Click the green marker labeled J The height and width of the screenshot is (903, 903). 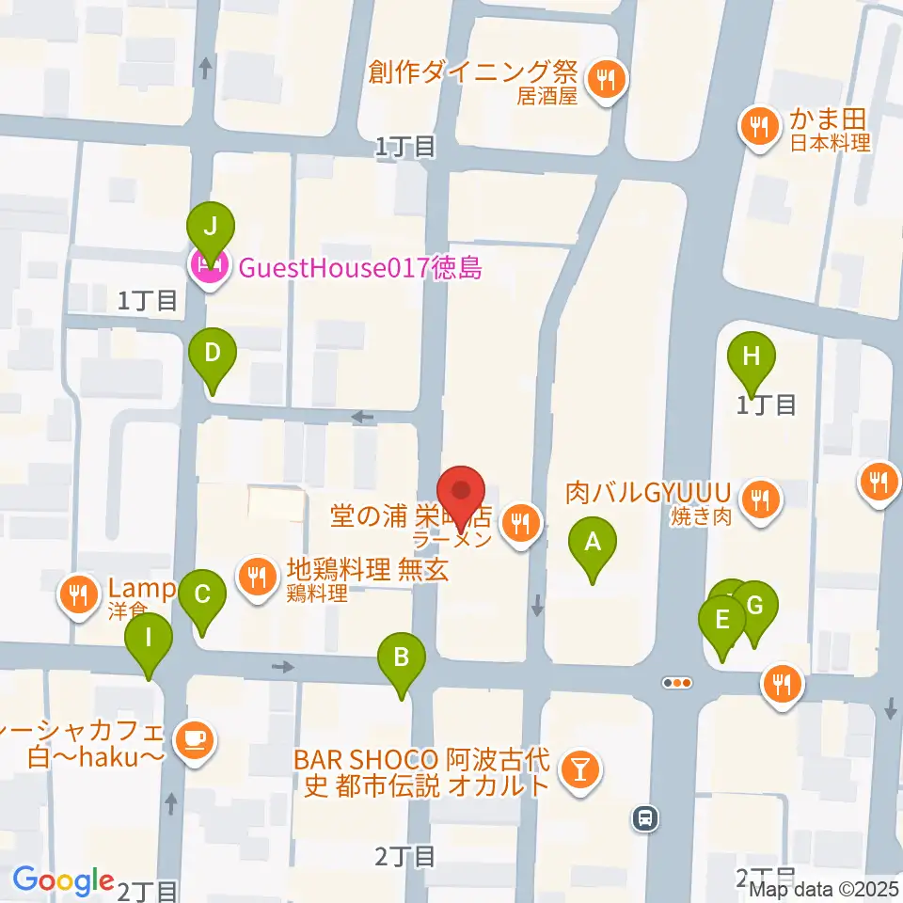(x=210, y=228)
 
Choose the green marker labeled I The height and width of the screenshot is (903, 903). (x=150, y=640)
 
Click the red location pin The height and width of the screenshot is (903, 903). (x=462, y=491)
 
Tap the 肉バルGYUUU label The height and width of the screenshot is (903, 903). (x=648, y=492)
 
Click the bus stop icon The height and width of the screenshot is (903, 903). (x=645, y=817)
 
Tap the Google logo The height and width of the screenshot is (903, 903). (x=64, y=880)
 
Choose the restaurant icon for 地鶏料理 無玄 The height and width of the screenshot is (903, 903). (x=255, y=574)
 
